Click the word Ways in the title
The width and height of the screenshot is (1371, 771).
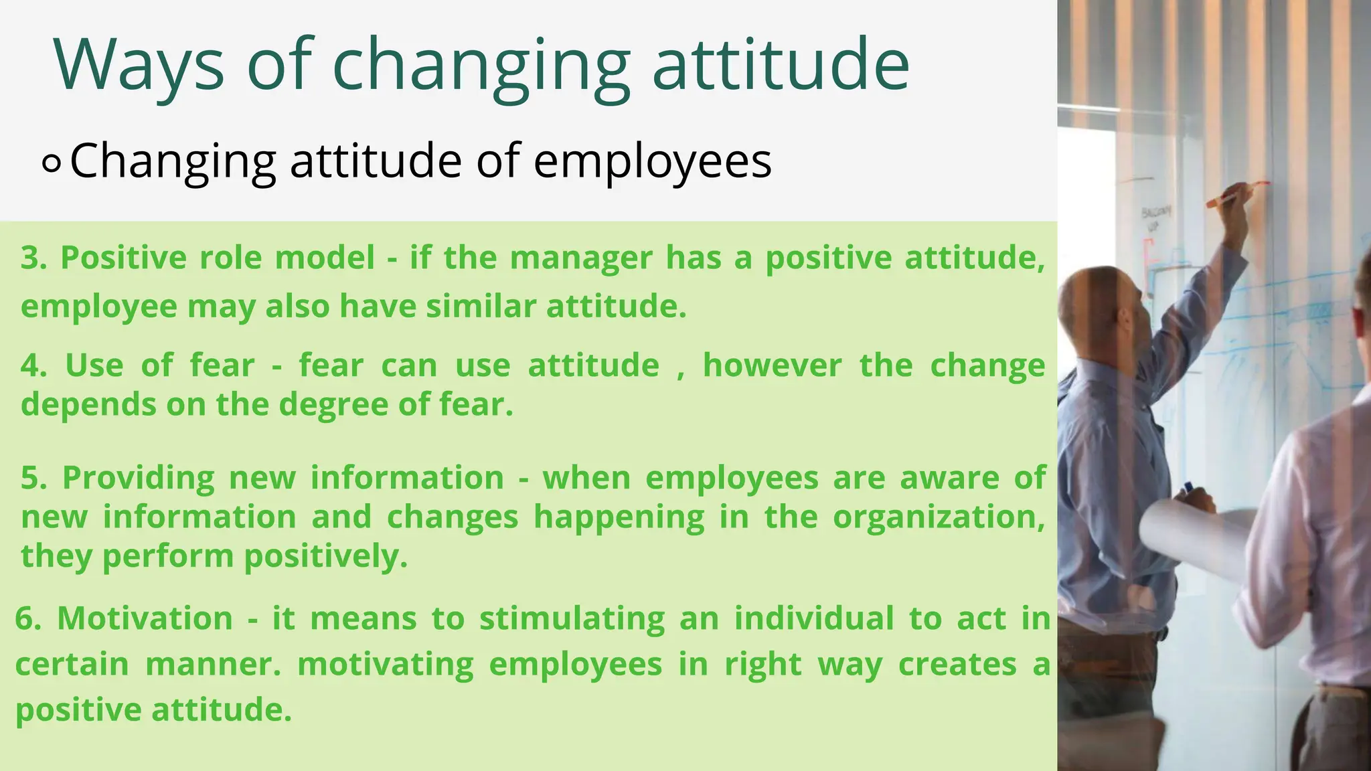coord(139,66)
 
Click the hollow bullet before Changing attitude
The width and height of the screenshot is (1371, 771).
coord(52,163)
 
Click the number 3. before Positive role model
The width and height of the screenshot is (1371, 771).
coord(33,258)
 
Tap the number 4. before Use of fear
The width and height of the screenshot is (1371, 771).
coord(33,366)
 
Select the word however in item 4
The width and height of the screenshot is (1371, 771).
coord(771,366)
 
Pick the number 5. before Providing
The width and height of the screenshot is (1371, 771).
coord(33,479)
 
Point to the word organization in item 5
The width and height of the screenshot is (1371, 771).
coord(937,517)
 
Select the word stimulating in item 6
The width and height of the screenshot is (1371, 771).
coord(572,618)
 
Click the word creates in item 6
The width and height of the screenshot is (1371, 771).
coord(957,665)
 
